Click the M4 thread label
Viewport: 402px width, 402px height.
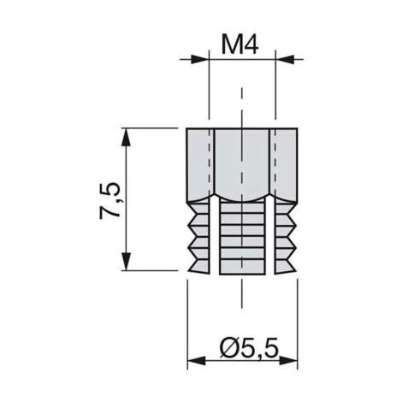[x=240, y=45]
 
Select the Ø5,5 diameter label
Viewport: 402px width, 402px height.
[x=249, y=348]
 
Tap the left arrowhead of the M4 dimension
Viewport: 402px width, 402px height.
[x=200, y=59]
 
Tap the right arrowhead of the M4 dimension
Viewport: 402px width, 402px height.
[x=285, y=59]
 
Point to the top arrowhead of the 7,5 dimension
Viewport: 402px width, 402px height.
[x=127, y=138]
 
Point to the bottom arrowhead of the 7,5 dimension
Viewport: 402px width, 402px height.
[x=127, y=261]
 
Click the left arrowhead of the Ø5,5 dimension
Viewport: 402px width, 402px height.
[x=197, y=361]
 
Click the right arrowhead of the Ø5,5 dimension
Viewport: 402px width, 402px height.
[x=288, y=361]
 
